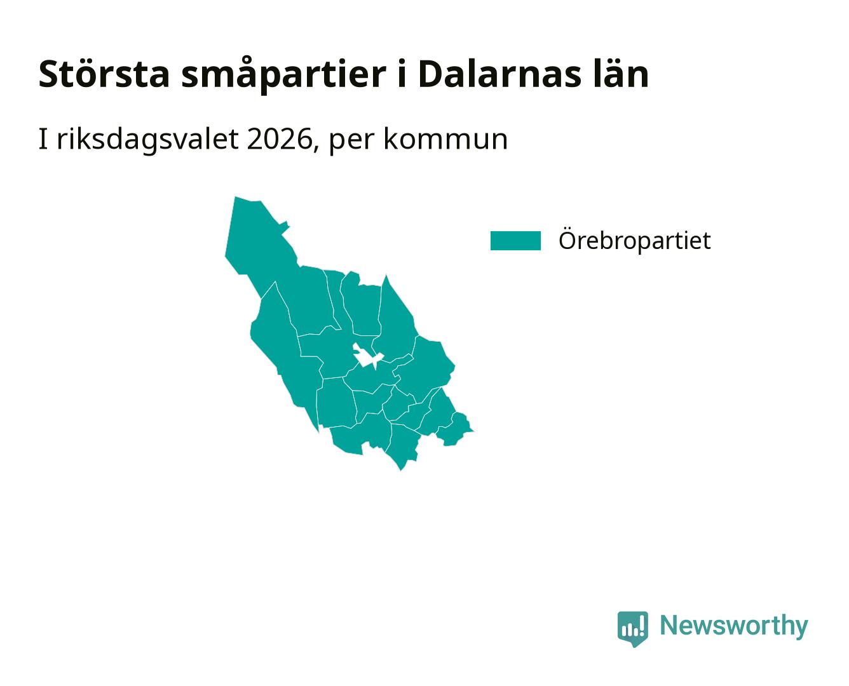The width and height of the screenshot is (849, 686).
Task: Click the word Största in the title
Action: (x=104, y=74)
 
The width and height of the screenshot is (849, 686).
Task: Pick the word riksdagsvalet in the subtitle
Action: (x=147, y=139)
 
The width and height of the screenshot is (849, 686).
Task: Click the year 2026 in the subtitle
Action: (x=280, y=139)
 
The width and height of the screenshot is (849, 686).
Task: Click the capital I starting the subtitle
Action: (x=43, y=139)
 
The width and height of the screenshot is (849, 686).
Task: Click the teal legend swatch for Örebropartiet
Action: (x=515, y=241)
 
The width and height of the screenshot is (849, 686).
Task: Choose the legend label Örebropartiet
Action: (x=634, y=240)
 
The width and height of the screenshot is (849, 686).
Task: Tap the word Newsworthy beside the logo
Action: (x=734, y=626)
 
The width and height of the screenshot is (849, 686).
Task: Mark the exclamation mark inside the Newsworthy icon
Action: (x=641, y=625)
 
